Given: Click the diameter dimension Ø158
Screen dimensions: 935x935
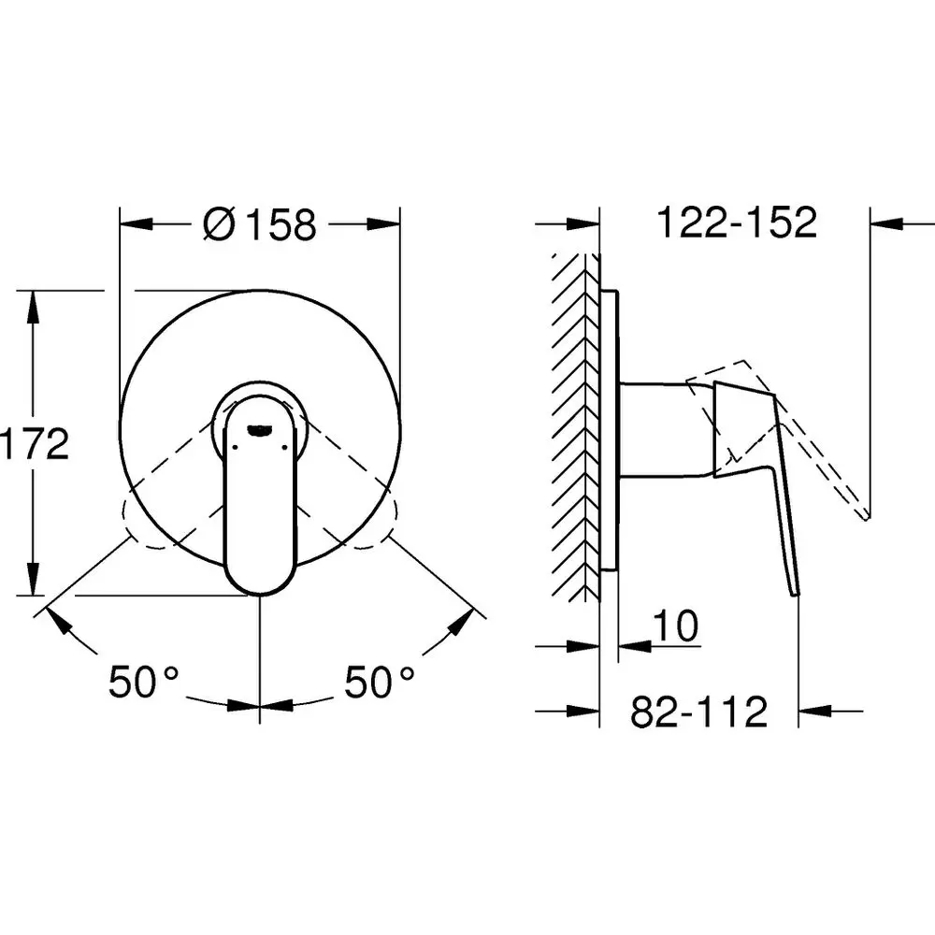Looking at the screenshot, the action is coord(259,224).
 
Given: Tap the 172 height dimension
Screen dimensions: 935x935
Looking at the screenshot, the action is coord(35,443).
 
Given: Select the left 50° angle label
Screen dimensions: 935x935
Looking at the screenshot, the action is coord(143,683).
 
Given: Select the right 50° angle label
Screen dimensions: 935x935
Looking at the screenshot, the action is coord(380,683).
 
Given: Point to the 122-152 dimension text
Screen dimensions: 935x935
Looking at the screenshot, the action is coord(737,223).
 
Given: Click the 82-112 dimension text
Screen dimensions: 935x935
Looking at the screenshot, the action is coord(698,711).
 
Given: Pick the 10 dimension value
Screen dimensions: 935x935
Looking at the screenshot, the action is coord(676,626).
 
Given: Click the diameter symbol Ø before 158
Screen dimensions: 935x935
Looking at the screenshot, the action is coord(220,224).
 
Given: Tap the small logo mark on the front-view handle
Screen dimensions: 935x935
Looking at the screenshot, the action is coord(259,428).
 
